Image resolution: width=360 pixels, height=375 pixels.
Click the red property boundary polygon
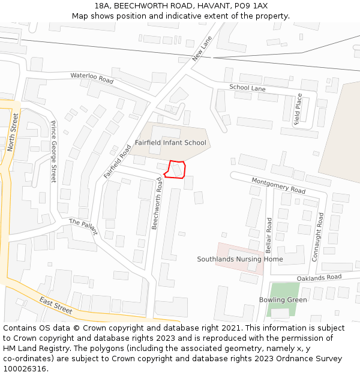(x=175, y=170)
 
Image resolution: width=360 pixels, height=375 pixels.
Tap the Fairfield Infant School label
(x=170, y=143)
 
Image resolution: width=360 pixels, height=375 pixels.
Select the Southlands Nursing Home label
(x=240, y=259)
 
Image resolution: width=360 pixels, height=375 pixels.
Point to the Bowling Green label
(x=283, y=300)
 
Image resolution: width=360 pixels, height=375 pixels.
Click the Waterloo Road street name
(x=92, y=78)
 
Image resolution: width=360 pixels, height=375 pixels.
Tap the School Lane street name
(x=247, y=88)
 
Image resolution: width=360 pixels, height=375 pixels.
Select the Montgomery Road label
(x=278, y=185)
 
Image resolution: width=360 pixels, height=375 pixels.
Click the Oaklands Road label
(x=319, y=278)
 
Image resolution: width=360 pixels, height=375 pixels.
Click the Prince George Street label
(x=53, y=152)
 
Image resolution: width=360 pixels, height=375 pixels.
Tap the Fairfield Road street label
(x=117, y=161)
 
